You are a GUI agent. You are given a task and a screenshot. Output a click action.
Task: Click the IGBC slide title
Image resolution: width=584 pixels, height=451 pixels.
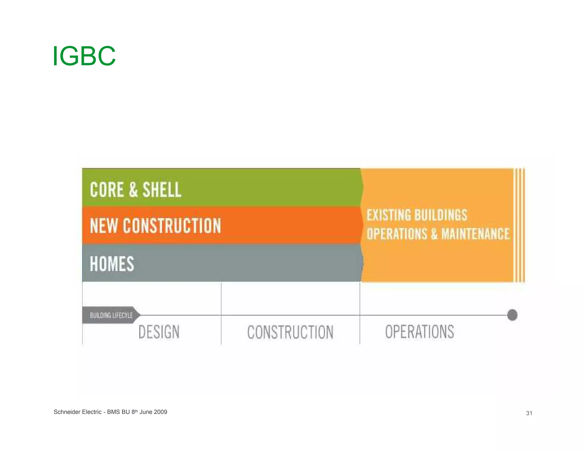84,56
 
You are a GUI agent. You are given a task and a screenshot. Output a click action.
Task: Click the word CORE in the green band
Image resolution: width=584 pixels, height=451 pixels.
107,190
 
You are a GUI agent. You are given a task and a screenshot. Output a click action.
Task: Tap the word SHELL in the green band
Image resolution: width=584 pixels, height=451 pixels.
162,190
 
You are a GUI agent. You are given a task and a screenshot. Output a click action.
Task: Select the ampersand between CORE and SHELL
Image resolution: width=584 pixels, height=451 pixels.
133,190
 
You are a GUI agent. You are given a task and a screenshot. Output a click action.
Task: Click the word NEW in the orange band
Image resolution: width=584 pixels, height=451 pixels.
104,225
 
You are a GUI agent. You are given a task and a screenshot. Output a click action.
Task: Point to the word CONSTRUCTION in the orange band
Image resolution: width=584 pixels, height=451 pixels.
172,225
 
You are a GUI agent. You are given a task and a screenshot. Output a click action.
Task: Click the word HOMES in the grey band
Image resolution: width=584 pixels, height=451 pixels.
112,264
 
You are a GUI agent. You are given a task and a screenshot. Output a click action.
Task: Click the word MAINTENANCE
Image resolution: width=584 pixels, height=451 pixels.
475,234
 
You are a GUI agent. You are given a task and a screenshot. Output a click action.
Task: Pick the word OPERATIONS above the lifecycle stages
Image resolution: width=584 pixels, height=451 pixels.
397,234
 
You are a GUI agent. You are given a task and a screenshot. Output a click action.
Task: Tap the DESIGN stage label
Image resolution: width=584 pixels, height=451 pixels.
159,332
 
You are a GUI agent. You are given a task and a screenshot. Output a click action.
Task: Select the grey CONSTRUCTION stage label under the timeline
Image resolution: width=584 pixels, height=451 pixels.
290,332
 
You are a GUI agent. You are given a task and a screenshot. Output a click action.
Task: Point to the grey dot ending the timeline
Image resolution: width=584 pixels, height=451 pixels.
512,315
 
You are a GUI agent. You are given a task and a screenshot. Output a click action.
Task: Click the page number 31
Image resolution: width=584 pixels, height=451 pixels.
529,413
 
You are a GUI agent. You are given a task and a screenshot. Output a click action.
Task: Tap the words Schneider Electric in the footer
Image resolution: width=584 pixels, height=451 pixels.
77,412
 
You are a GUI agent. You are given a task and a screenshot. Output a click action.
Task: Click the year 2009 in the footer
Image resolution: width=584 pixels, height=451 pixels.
160,412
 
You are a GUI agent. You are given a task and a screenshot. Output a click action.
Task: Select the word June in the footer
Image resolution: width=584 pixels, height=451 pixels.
146,412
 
